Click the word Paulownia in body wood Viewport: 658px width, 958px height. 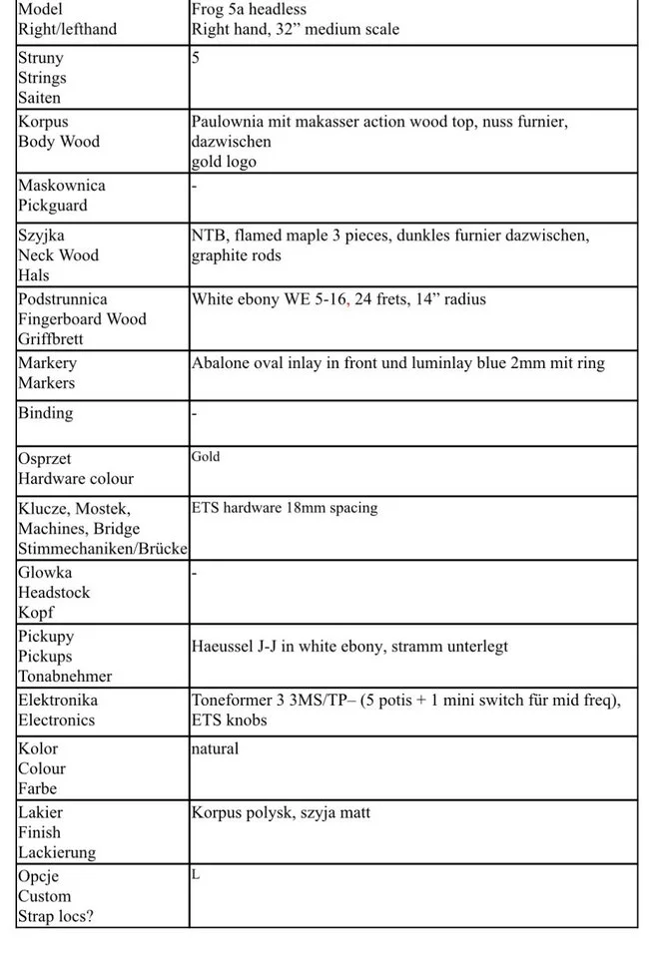click(228, 122)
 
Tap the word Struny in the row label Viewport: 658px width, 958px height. click(40, 58)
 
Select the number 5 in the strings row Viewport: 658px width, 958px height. click(196, 58)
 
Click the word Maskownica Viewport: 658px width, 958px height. click(61, 186)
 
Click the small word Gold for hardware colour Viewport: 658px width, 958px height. click(206, 457)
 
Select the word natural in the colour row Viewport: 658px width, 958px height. click(215, 748)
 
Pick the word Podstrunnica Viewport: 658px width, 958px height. click(63, 299)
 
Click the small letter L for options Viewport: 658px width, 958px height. click(196, 874)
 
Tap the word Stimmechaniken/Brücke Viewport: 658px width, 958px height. click(103, 549)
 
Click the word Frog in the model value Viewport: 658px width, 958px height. click(209, 9)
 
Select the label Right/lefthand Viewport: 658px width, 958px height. click(67, 29)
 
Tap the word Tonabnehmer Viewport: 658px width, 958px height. click(64, 677)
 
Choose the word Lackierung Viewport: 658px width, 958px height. click(57, 852)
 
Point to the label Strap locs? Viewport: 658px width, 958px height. click(55, 916)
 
